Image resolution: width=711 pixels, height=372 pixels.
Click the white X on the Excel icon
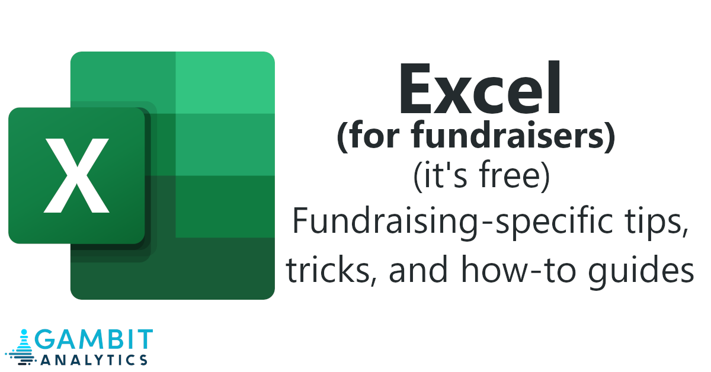76,175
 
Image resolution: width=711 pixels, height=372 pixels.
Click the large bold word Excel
481,88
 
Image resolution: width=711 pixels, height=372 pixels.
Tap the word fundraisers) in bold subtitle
513,136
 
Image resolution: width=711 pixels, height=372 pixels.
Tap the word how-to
518,268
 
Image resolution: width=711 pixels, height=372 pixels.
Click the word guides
641,272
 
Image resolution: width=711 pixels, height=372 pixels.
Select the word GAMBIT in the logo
94,339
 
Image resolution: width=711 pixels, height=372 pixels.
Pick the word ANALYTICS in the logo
94,360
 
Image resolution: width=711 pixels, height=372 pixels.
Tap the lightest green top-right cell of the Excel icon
225,82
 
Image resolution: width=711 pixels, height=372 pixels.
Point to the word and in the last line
418,268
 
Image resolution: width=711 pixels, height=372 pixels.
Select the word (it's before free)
440,176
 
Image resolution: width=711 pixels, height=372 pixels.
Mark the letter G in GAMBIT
44,339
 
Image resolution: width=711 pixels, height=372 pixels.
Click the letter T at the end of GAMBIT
145,339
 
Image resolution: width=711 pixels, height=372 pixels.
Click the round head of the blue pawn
24,332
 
